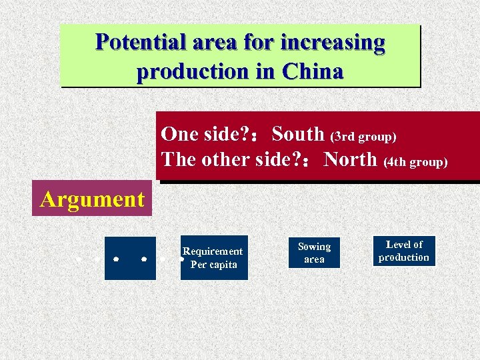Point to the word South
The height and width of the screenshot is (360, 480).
tap(298, 134)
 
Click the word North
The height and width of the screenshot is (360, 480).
tap(350, 159)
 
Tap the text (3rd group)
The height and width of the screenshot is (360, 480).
tap(363, 136)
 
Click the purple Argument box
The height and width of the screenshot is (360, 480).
tap(92, 199)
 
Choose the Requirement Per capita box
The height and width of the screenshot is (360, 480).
tap(214, 257)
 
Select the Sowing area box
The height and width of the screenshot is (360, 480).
tap(314, 253)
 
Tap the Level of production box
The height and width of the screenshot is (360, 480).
tap(404, 251)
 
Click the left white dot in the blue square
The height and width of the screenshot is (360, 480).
tap(116, 256)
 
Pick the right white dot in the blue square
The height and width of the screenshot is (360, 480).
tap(144, 256)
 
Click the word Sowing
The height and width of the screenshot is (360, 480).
tap(314, 247)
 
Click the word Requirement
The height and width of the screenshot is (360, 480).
tap(213, 251)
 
